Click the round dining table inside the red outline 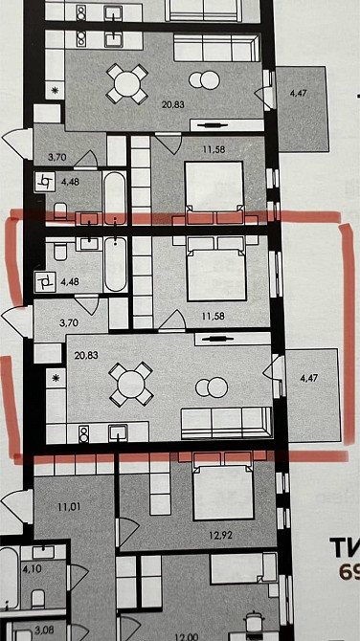click(128, 385)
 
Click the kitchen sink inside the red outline click(118, 429)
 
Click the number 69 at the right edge click(349, 572)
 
